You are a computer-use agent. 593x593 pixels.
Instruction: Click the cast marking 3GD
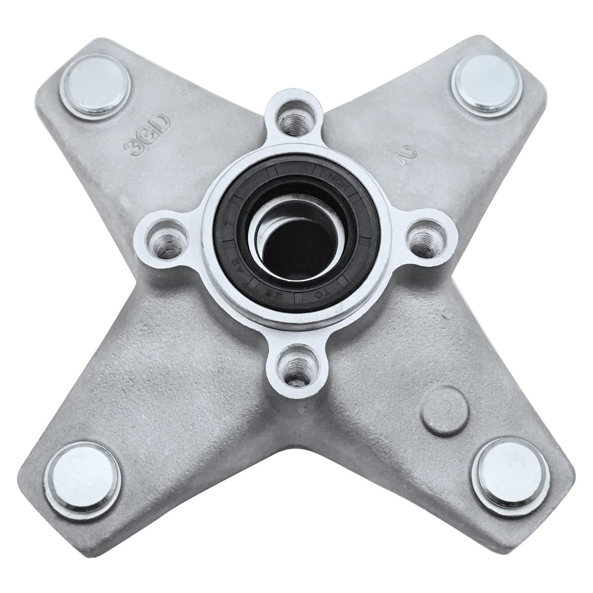click(146, 135)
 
